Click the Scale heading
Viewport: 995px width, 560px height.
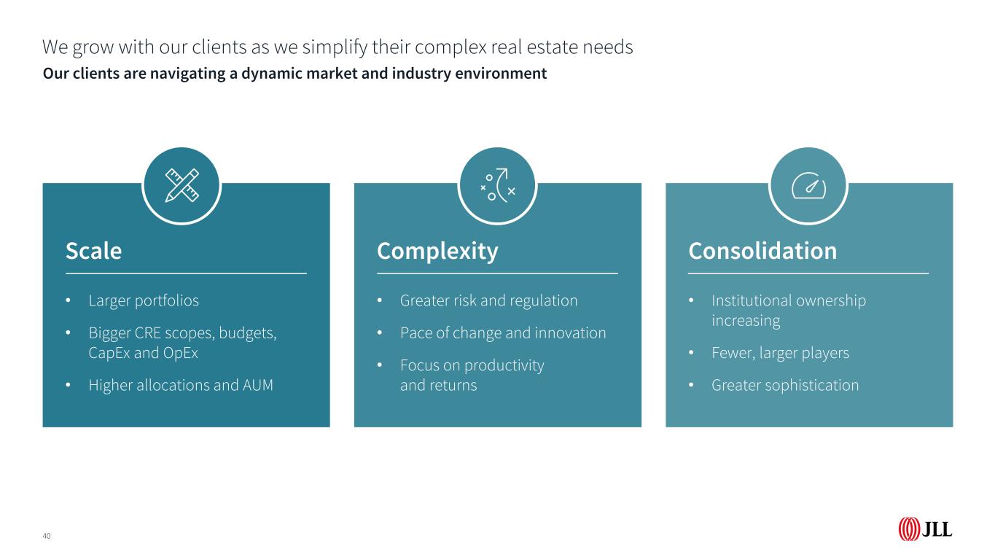[93, 251]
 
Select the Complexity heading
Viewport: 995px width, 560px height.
[437, 252]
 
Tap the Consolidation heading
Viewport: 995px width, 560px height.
[762, 251]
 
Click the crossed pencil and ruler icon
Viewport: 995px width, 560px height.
[182, 185]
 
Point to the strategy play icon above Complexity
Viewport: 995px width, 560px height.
[497, 185]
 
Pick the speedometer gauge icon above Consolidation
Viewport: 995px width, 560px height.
[808, 185]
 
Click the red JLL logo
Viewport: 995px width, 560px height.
[925, 529]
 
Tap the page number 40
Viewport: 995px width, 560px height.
[47, 536]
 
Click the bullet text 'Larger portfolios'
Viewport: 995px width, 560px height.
[144, 301]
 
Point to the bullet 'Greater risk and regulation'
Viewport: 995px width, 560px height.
[488, 301]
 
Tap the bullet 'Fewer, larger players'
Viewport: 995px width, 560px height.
[780, 354]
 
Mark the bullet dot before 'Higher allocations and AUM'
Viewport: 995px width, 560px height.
[68, 385]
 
